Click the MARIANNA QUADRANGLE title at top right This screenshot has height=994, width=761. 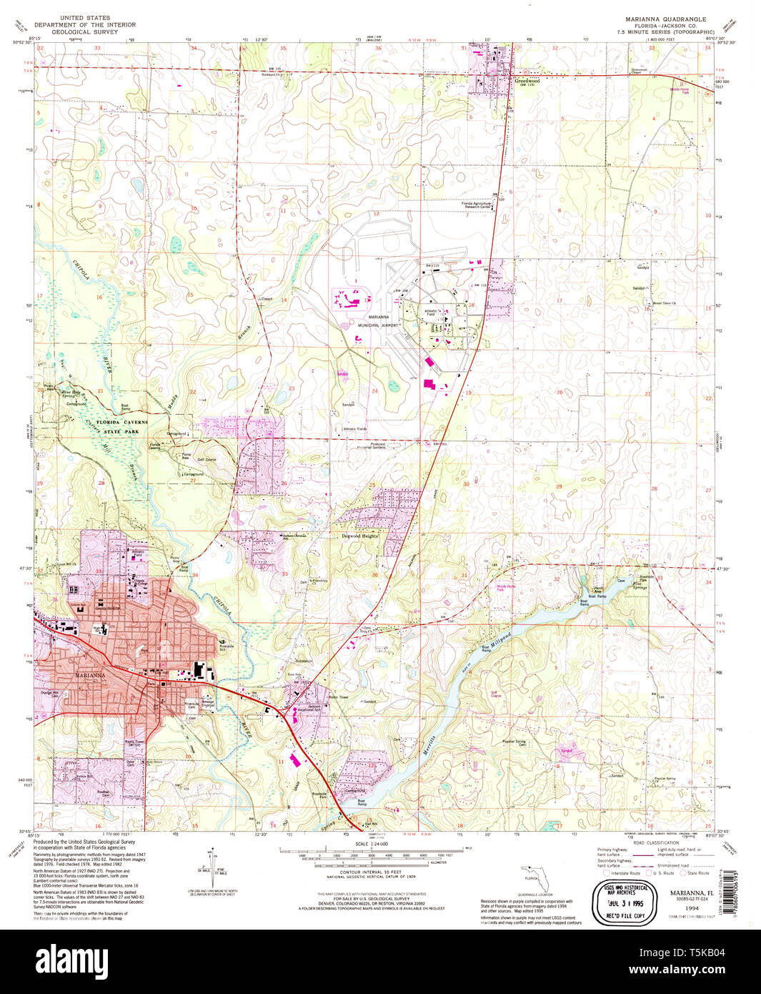(665, 19)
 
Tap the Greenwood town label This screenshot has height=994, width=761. (527, 81)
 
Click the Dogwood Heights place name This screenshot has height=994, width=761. (359, 536)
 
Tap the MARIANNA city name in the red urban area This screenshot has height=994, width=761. (91, 674)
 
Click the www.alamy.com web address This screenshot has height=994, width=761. (685, 969)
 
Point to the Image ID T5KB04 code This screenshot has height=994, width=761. (685, 953)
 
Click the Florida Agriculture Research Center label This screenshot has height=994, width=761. (476, 205)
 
